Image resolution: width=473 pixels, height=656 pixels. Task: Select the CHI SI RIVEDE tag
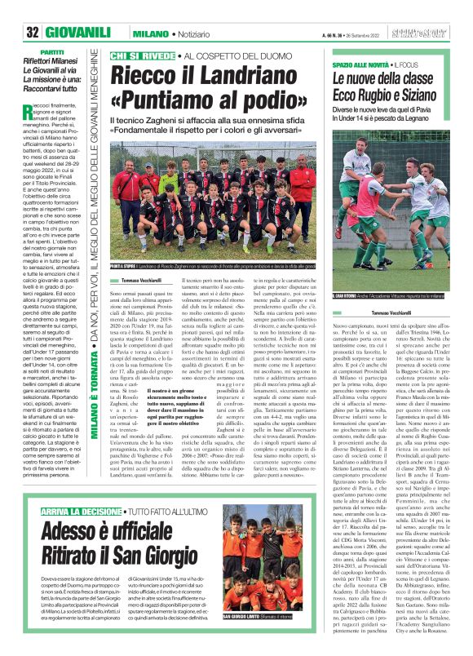point(140,55)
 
